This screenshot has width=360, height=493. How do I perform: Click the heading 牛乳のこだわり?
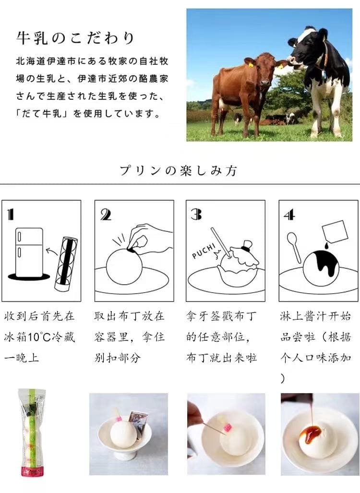(x=75, y=38)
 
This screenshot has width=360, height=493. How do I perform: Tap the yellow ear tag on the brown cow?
(x=251, y=65)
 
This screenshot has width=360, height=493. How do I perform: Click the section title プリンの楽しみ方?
(x=178, y=170)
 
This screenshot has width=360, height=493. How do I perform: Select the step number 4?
(x=289, y=215)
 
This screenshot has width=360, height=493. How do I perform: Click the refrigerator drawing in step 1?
(x=29, y=253)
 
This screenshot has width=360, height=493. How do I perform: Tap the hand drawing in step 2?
(x=150, y=239)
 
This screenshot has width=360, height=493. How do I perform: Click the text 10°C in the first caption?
(x=39, y=337)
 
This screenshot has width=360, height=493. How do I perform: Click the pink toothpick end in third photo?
(x=228, y=427)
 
